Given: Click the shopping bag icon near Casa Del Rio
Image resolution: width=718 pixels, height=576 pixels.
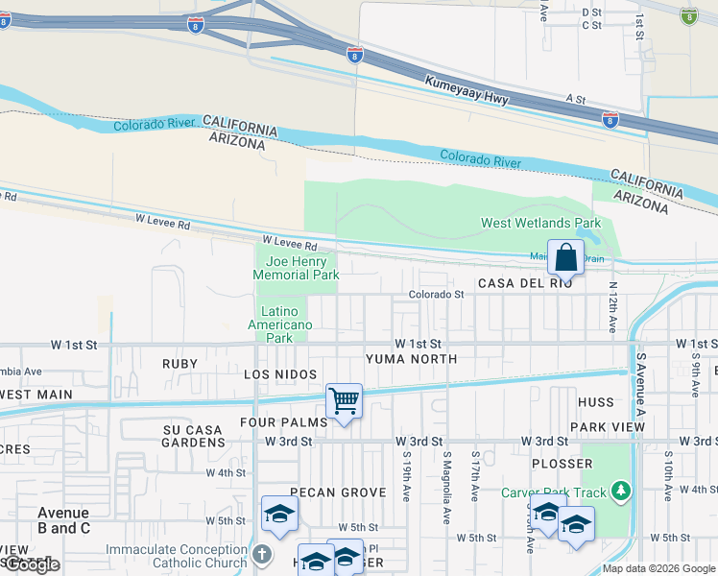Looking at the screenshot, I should (x=566, y=257).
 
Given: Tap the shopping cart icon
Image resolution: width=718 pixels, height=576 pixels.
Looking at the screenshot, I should (x=344, y=401).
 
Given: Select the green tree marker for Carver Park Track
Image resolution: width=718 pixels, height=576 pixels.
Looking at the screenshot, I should (x=621, y=492).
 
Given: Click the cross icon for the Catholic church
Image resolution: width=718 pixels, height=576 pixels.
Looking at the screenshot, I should (x=262, y=554).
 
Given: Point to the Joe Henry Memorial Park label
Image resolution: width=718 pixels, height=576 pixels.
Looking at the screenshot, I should (x=296, y=268).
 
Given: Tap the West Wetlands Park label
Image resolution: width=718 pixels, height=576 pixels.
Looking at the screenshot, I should (x=540, y=224).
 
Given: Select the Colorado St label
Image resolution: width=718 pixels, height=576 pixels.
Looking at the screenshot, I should (x=436, y=295).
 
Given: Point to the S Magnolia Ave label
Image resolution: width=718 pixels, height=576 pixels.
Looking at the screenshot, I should (x=447, y=487).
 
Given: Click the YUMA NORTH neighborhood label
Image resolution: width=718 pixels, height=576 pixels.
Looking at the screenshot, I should (x=412, y=358).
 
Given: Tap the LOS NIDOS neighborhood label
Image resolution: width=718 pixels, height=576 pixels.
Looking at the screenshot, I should (x=280, y=372).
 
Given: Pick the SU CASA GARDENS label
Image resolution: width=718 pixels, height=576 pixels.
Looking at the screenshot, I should (x=193, y=436).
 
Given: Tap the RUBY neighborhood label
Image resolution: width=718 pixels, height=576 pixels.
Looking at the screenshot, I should (x=179, y=364).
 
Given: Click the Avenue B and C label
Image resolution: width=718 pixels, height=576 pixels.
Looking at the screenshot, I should (x=63, y=520).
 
